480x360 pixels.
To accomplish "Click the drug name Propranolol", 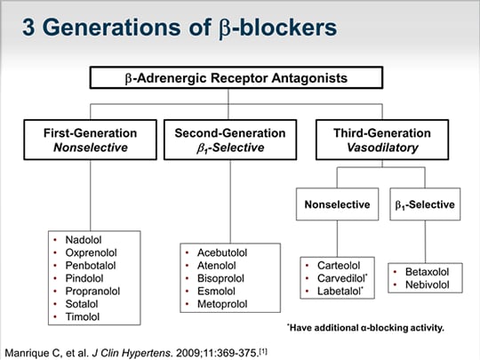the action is pos(92,292).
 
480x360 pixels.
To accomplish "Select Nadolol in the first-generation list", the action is pos(84,240).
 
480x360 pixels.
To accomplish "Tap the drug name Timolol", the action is pos(83,316).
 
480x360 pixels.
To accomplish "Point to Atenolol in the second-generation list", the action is pos(216,266).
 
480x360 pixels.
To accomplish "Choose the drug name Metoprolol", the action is pos(222,304).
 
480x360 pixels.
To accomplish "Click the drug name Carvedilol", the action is pos(342,278).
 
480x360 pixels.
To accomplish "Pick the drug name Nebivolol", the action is pos(428,284).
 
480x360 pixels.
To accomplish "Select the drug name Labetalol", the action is pos(340,292).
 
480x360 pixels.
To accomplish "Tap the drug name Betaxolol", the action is pos(427,272).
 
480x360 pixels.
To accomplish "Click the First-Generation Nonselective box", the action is pos(91,140).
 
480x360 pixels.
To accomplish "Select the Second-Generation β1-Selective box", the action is pos(230,140).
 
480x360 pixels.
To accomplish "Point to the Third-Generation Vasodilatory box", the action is pos(382,140).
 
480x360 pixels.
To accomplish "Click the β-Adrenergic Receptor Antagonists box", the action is pos(236,77).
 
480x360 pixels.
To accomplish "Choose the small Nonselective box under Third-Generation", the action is pos(338,204).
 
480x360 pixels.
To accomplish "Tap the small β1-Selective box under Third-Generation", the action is pos(425,204).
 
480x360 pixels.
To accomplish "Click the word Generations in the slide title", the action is pos(114,27).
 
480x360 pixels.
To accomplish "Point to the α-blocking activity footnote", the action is pos(365,328).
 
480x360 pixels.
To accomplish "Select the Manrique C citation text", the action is pos(136,353).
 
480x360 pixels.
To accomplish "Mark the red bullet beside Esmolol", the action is pos(187,292).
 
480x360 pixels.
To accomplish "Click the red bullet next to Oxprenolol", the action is pos(55,252).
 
